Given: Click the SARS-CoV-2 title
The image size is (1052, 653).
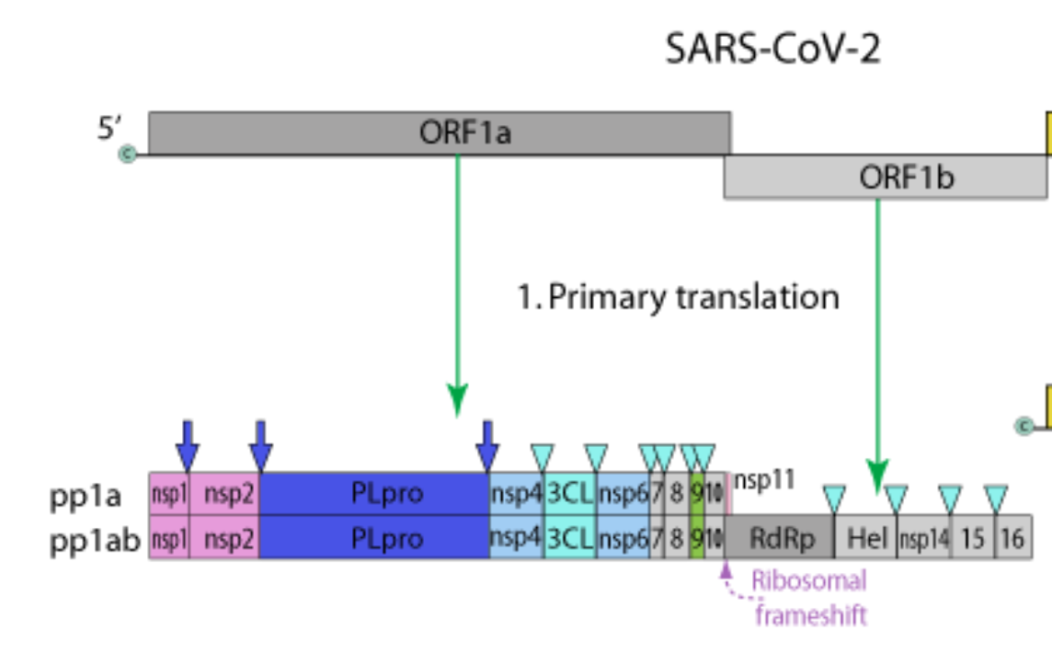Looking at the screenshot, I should (772, 49).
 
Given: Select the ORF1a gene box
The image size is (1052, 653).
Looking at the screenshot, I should (440, 133).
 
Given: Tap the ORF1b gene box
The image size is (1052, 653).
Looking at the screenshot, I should (885, 178).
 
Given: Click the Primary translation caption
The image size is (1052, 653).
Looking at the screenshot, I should (679, 297).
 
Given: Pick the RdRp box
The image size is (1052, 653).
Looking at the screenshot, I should (779, 538).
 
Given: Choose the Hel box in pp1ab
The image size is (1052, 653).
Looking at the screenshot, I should (864, 538).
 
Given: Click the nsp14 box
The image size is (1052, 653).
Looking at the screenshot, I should (923, 538).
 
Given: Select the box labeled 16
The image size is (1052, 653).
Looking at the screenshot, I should (1012, 538).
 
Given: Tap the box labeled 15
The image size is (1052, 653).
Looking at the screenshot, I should (972, 538).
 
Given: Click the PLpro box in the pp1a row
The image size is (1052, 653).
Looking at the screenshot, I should (374, 494).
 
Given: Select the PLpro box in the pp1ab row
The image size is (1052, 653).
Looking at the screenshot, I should (374, 538).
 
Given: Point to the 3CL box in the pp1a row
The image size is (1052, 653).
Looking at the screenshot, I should (570, 494).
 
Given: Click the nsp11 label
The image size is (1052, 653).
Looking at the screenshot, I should (763, 480).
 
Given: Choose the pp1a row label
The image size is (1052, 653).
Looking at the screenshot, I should (85, 496).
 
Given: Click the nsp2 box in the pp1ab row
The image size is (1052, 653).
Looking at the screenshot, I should (224, 538).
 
